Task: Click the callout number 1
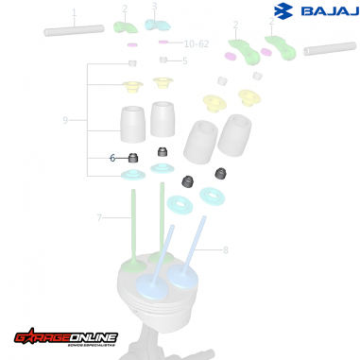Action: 74,13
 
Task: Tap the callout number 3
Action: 155,7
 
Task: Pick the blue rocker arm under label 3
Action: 158,25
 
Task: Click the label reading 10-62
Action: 197,43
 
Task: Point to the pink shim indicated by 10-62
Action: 163,43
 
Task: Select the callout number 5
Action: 184,60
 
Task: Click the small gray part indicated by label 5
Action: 163,60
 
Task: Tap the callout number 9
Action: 65,120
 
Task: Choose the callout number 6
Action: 112,158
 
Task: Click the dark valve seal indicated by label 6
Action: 133,157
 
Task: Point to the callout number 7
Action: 99,218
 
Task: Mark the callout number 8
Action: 225,250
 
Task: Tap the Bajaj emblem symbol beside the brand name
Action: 283,11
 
